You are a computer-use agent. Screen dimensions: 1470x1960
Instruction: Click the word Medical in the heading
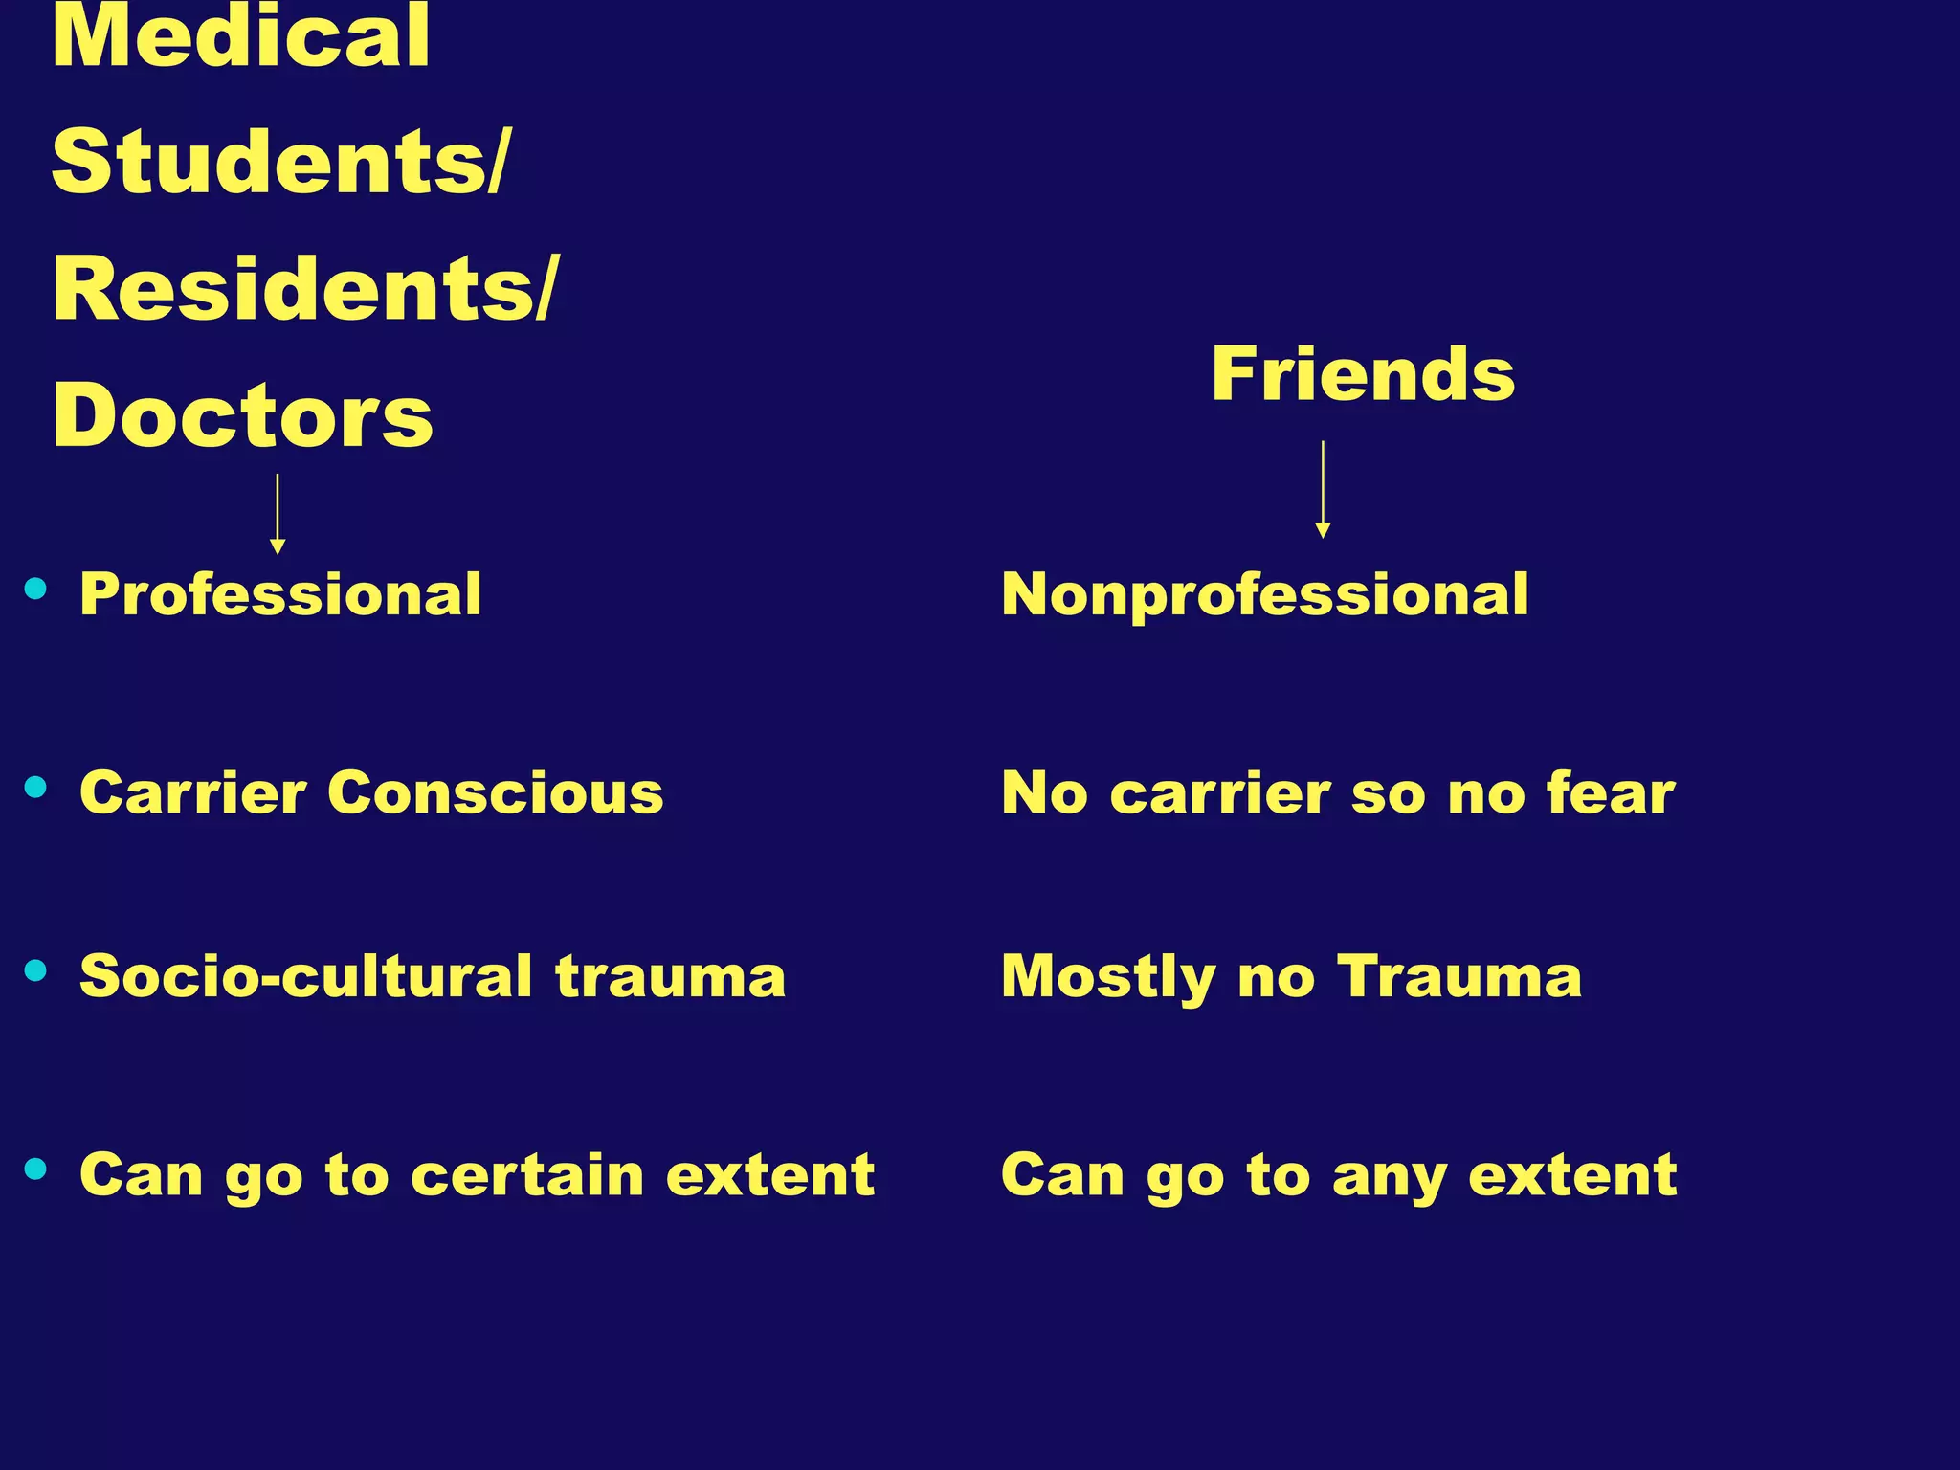(240, 38)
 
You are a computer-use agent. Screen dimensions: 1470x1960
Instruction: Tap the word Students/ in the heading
(280, 163)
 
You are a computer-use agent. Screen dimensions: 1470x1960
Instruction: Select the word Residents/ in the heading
(303, 289)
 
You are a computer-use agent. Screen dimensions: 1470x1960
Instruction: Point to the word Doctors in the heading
(243, 416)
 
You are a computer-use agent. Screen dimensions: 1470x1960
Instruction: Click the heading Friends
(1363, 374)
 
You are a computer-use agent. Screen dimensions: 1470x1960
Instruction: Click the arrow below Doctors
(278, 514)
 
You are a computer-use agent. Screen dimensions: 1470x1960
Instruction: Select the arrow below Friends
(1323, 489)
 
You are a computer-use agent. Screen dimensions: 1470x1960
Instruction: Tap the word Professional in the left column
(280, 594)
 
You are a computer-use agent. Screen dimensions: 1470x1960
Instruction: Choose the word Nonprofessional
(1264, 594)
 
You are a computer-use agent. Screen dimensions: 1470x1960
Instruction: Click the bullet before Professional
(36, 589)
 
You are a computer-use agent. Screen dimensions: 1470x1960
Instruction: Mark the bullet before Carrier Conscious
(36, 788)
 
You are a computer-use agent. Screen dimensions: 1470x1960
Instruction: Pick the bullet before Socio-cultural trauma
(36, 971)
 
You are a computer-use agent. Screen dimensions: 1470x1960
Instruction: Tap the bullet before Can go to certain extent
(36, 1169)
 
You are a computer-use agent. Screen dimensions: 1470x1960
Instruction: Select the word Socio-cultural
(305, 977)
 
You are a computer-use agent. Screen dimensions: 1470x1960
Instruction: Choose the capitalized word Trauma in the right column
(1459, 977)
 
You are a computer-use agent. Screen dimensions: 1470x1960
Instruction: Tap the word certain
(527, 1174)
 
